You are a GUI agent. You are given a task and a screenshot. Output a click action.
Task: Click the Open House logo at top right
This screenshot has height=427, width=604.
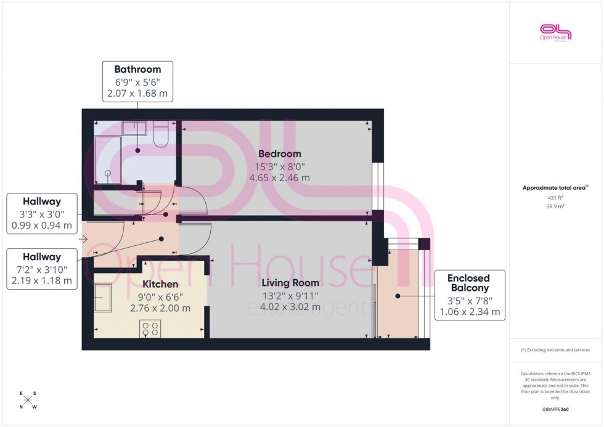(555, 32)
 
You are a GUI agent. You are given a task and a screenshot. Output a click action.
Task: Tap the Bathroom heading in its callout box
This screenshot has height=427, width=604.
(137, 70)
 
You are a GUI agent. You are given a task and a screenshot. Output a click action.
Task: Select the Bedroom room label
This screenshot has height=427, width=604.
(280, 154)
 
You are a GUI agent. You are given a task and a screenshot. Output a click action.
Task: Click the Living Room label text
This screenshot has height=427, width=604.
(290, 283)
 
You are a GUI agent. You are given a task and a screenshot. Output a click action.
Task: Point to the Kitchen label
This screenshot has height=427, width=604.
(160, 285)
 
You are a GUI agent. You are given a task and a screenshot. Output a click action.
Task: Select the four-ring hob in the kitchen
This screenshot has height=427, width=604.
(150, 329)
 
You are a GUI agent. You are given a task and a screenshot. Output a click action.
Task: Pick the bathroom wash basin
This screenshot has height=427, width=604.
(133, 128)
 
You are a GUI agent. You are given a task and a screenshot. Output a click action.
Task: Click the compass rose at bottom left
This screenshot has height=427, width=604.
(28, 400)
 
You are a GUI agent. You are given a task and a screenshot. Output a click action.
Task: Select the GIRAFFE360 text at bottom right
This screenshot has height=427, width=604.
(555, 409)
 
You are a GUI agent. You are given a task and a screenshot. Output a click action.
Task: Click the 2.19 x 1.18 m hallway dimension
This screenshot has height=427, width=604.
(42, 281)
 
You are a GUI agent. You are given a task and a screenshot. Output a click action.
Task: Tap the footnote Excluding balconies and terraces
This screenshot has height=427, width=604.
(555, 350)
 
